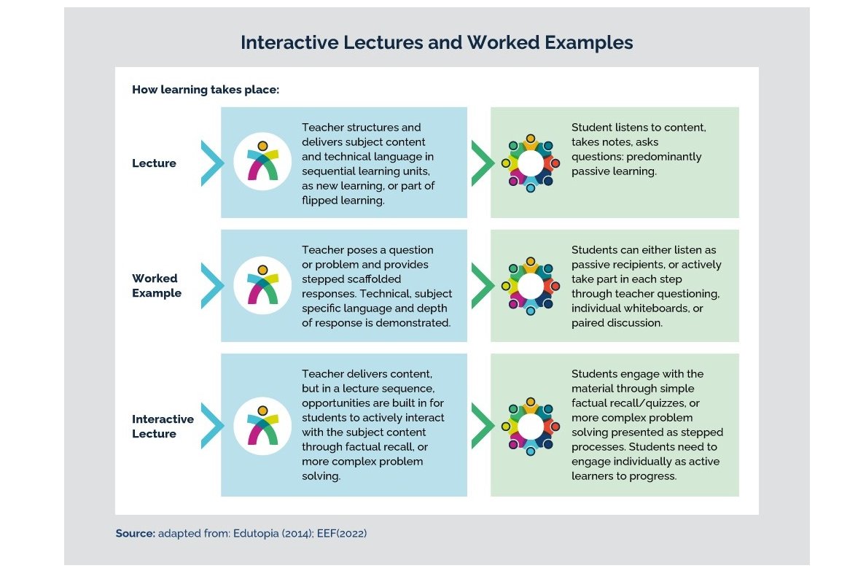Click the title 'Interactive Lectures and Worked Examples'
coord(437,43)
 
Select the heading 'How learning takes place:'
coord(206,90)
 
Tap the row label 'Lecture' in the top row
coord(154,163)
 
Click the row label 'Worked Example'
coord(156,285)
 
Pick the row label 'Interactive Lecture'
coord(163,426)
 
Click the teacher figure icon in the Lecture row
coord(262,162)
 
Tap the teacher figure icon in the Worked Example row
coord(262,285)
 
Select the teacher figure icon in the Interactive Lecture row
coord(262,426)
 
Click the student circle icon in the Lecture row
coord(530,162)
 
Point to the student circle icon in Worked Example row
coord(530,285)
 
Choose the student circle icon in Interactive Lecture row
coord(530,426)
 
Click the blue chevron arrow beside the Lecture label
coord(211,163)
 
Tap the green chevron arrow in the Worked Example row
coord(481,285)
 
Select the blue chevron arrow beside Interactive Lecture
coord(211,426)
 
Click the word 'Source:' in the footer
coord(135,534)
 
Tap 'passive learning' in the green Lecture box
coord(614,171)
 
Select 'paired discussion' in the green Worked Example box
coord(617,322)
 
